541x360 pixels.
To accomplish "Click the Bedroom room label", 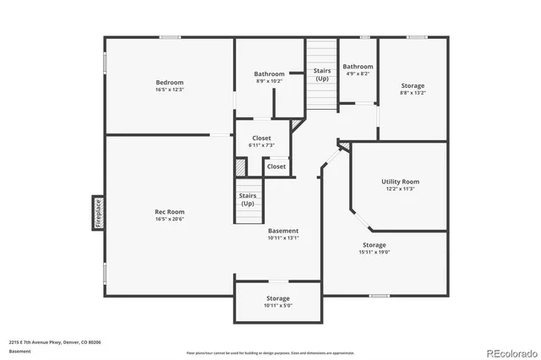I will click(x=169, y=82).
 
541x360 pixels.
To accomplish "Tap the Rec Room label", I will click(x=169, y=211).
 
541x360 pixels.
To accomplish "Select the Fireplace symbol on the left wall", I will click(x=97, y=213).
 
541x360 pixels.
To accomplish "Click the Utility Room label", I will click(x=400, y=182).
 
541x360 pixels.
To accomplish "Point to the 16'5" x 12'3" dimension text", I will click(x=169, y=90).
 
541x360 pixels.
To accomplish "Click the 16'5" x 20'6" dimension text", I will click(x=169, y=220).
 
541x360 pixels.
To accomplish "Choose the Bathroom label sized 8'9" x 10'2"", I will click(x=270, y=74).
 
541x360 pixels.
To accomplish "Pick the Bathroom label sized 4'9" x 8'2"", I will click(x=358, y=67).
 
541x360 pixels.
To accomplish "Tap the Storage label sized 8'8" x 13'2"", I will click(x=413, y=86).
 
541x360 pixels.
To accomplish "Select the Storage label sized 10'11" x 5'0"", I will click(x=278, y=298).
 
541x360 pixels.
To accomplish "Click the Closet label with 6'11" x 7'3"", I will click(x=261, y=138).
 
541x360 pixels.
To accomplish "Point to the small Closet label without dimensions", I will click(x=276, y=166).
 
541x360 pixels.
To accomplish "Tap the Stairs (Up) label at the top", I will click(x=322, y=74).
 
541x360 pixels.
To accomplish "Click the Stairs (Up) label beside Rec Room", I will click(x=248, y=199).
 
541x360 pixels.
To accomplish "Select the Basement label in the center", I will click(x=283, y=231).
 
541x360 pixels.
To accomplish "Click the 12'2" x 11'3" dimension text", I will click(x=400, y=189).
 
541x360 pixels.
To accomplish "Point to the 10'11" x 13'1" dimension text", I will click(x=283, y=238).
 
